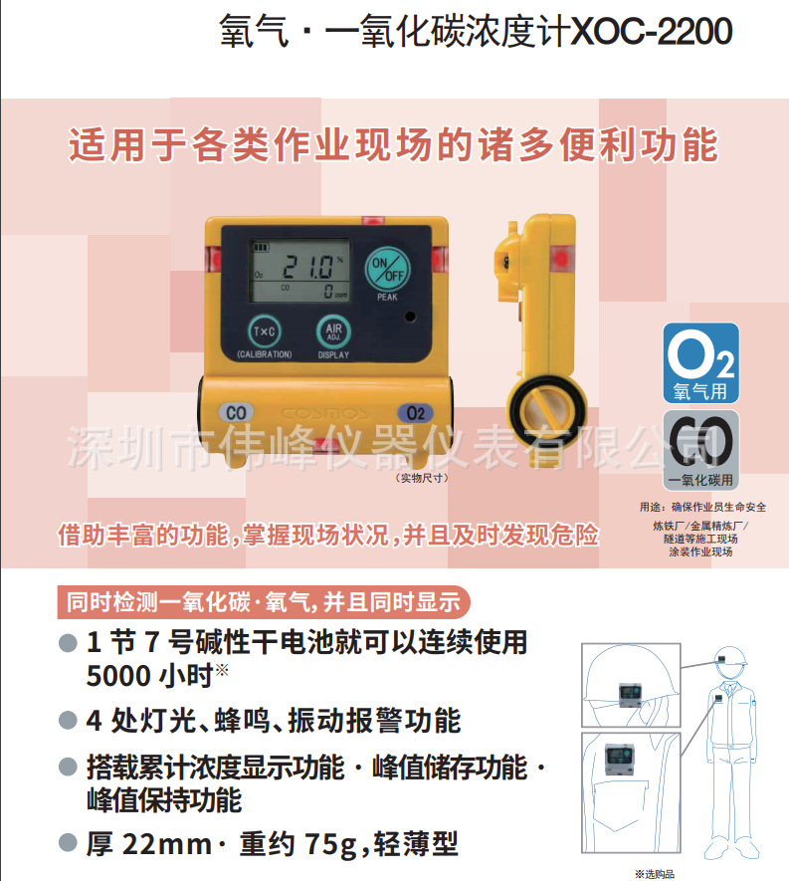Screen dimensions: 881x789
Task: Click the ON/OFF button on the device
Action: pos(386,268)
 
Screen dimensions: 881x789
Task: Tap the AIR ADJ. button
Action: pos(333,330)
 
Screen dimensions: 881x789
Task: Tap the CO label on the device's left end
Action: pos(237,412)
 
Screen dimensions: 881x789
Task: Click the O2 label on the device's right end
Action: pos(415,412)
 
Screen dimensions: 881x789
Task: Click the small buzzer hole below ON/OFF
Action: pos(409,318)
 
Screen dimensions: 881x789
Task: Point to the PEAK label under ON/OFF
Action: pos(386,298)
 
